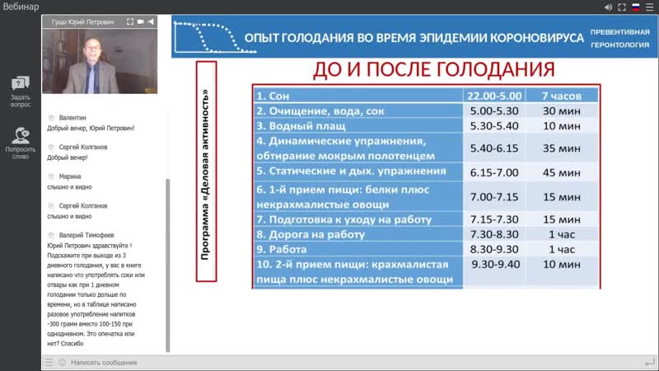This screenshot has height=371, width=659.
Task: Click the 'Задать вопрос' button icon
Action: (x=21, y=82)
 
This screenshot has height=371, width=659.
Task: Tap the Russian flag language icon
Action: (x=635, y=7)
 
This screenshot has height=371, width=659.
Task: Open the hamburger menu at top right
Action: (x=649, y=7)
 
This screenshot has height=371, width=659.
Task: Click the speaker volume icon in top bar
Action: (x=607, y=7)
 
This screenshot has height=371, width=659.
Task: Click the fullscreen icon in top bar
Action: (x=621, y=7)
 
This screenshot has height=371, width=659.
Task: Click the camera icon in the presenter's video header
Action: (x=142, y=21)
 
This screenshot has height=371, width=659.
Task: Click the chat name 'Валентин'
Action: (x=72, y=118)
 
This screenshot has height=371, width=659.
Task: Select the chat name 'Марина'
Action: (x=71, y=176)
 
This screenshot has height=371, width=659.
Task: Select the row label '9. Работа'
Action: (x=282, y=249)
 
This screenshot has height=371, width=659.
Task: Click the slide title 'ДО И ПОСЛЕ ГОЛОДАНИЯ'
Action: (x=424, y=70)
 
